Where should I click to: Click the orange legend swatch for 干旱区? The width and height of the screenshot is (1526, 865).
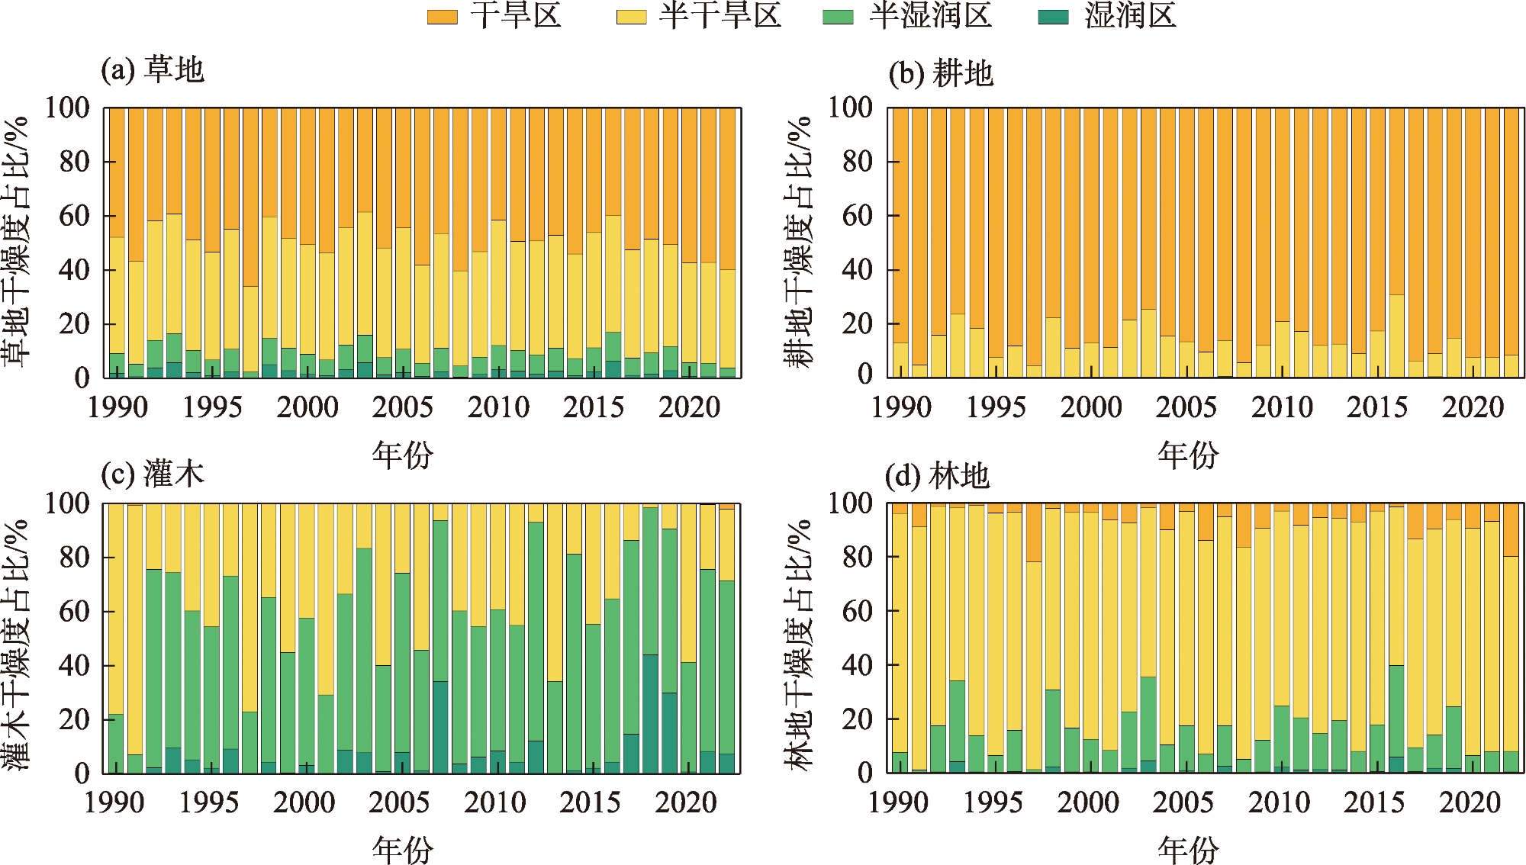pos(442,17)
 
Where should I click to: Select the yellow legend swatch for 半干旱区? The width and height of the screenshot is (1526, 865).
pos(631,17)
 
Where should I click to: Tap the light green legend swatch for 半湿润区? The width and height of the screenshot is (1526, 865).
pos(838,17)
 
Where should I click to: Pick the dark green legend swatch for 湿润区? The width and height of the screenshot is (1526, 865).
pos(1054,17)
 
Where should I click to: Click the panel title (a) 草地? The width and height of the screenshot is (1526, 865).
pos(153,70)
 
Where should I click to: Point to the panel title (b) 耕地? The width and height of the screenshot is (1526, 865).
pos(941,74)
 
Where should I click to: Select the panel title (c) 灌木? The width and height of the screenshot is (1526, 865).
pos(153,474)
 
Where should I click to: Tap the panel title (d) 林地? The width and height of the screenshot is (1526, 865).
pos(937,477)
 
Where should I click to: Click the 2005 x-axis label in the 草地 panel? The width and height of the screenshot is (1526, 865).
pos(402,407)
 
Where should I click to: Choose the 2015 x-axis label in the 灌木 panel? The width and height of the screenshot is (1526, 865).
pos(590,802)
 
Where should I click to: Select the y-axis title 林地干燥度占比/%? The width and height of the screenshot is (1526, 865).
pos(799,645)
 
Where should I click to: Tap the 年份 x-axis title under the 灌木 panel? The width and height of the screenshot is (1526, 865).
pos(402,849)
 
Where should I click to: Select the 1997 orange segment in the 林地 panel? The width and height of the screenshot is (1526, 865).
pos(1034,534)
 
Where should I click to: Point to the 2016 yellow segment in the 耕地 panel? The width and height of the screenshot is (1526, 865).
pos(1396,336)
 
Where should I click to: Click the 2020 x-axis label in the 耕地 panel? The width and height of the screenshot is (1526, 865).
pos(1472,407)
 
